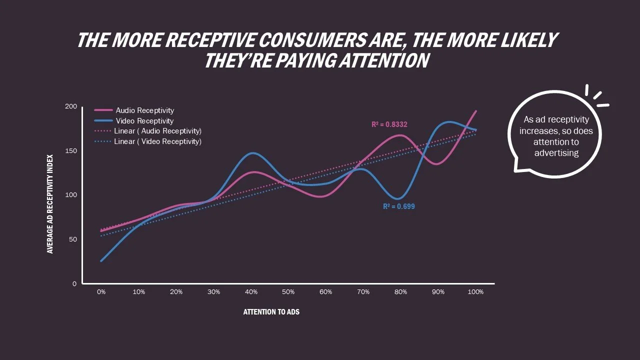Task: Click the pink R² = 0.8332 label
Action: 389,124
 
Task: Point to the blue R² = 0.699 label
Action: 398,206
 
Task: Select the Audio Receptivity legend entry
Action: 144,110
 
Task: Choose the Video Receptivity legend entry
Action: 144,121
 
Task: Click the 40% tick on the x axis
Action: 251,292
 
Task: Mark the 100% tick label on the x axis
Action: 475,292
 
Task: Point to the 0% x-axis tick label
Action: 101,292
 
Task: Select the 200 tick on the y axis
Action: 71,106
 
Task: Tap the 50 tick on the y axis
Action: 73,239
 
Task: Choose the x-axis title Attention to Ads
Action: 271,312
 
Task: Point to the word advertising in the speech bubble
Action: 556,153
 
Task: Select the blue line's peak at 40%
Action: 252,153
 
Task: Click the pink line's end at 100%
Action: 476,111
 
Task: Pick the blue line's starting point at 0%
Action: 101,261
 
